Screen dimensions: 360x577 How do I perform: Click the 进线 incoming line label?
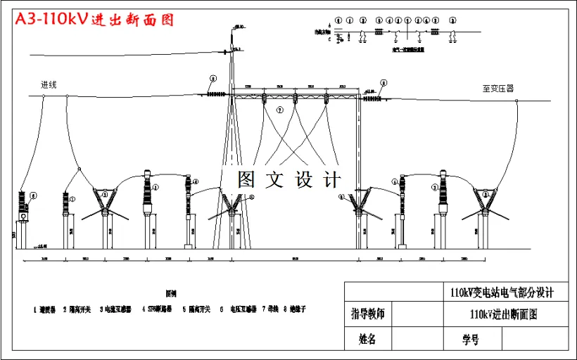click(x=49, y=85)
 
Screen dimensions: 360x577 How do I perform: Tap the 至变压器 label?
click(x=497, y=89)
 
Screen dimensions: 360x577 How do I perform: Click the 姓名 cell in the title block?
click(x=367, y=340)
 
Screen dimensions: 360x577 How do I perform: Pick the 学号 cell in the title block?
click(x=470, y=340)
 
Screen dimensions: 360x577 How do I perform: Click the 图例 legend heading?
click(x=171, y=293)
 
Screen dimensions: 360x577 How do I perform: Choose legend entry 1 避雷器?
click(x=46, y=309)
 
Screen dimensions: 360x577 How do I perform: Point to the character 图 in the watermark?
click(x=246, y=179)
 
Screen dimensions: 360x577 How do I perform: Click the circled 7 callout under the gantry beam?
click(x=279, y=109)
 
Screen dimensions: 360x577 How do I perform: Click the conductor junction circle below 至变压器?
click(x=516, y=101)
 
